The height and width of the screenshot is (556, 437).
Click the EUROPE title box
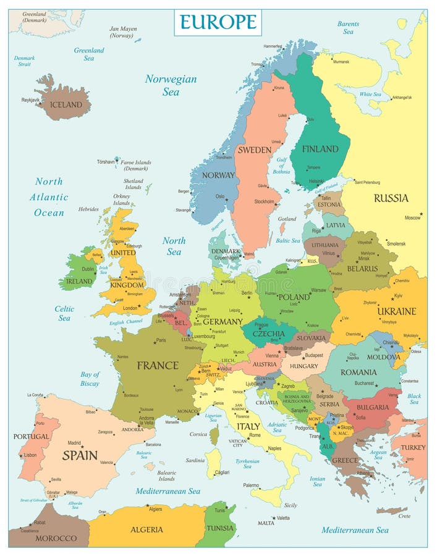tap(218, 22)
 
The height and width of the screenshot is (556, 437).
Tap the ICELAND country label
tap(66, 105)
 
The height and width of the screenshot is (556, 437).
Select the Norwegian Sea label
tap(171, 85)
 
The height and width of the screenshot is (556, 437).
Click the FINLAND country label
tap(320, 149)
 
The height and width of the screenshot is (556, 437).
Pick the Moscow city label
tap(412, 218)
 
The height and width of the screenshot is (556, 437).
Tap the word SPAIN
tap(80, 455)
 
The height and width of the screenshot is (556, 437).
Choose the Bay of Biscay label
tap(90, 379)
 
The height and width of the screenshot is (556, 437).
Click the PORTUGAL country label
tap(31, 436)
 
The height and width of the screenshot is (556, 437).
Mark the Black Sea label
tap(414, 398)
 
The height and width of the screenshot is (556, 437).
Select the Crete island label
tap(404, 516)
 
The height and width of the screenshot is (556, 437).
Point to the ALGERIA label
tap(146, 529)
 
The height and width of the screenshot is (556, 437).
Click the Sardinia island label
tap(195, 460)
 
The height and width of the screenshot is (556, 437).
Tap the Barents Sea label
tap(348, 27)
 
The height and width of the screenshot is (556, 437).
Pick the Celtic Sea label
tap(64, 313)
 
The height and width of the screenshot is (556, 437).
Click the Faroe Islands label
tap(135, 165)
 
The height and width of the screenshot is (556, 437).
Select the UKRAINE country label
tap(397, 311)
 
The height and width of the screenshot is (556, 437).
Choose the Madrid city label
tap(74, 443)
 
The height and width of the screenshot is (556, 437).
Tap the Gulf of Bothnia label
tap(282, 166)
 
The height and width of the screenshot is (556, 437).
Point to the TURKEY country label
tap(413, 447)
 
